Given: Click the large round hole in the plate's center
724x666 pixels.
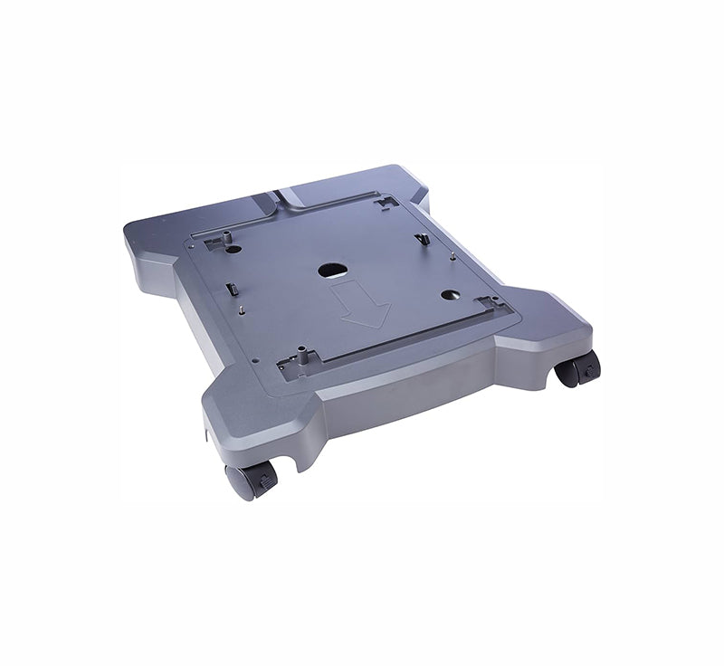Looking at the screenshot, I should coord(332,269).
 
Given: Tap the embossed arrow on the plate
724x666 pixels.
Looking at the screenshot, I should coord(360,305).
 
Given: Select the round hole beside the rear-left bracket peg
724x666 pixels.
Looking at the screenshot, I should coord(234,249).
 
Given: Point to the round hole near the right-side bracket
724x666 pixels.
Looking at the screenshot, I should coord(449,294).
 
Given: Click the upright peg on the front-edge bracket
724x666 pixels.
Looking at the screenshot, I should coord(302,357).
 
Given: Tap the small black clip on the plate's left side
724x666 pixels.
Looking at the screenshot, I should coord(230,290).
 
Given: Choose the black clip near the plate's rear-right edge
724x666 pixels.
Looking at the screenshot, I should coord(422,240).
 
